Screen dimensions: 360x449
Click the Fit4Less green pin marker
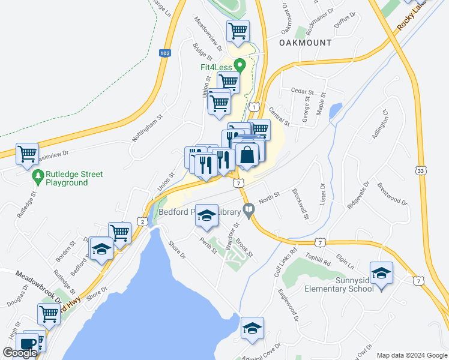point(240,64)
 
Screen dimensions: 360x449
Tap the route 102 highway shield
point(164,53)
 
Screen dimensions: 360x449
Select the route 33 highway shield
point(422,171)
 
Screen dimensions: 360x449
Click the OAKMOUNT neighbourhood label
point(306,43)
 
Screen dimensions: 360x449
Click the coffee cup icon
point(26,344)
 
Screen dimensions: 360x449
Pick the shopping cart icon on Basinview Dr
point(27,154)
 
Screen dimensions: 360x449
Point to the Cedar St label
point(299,91)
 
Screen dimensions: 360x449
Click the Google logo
point(20,353)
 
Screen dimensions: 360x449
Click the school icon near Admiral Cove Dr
point(252,329)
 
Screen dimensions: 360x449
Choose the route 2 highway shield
point(142,221)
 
